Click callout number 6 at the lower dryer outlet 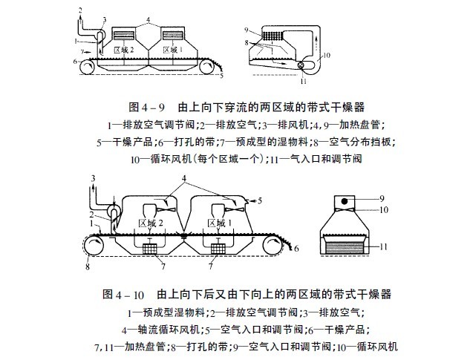296,250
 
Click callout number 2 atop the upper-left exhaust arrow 79,9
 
